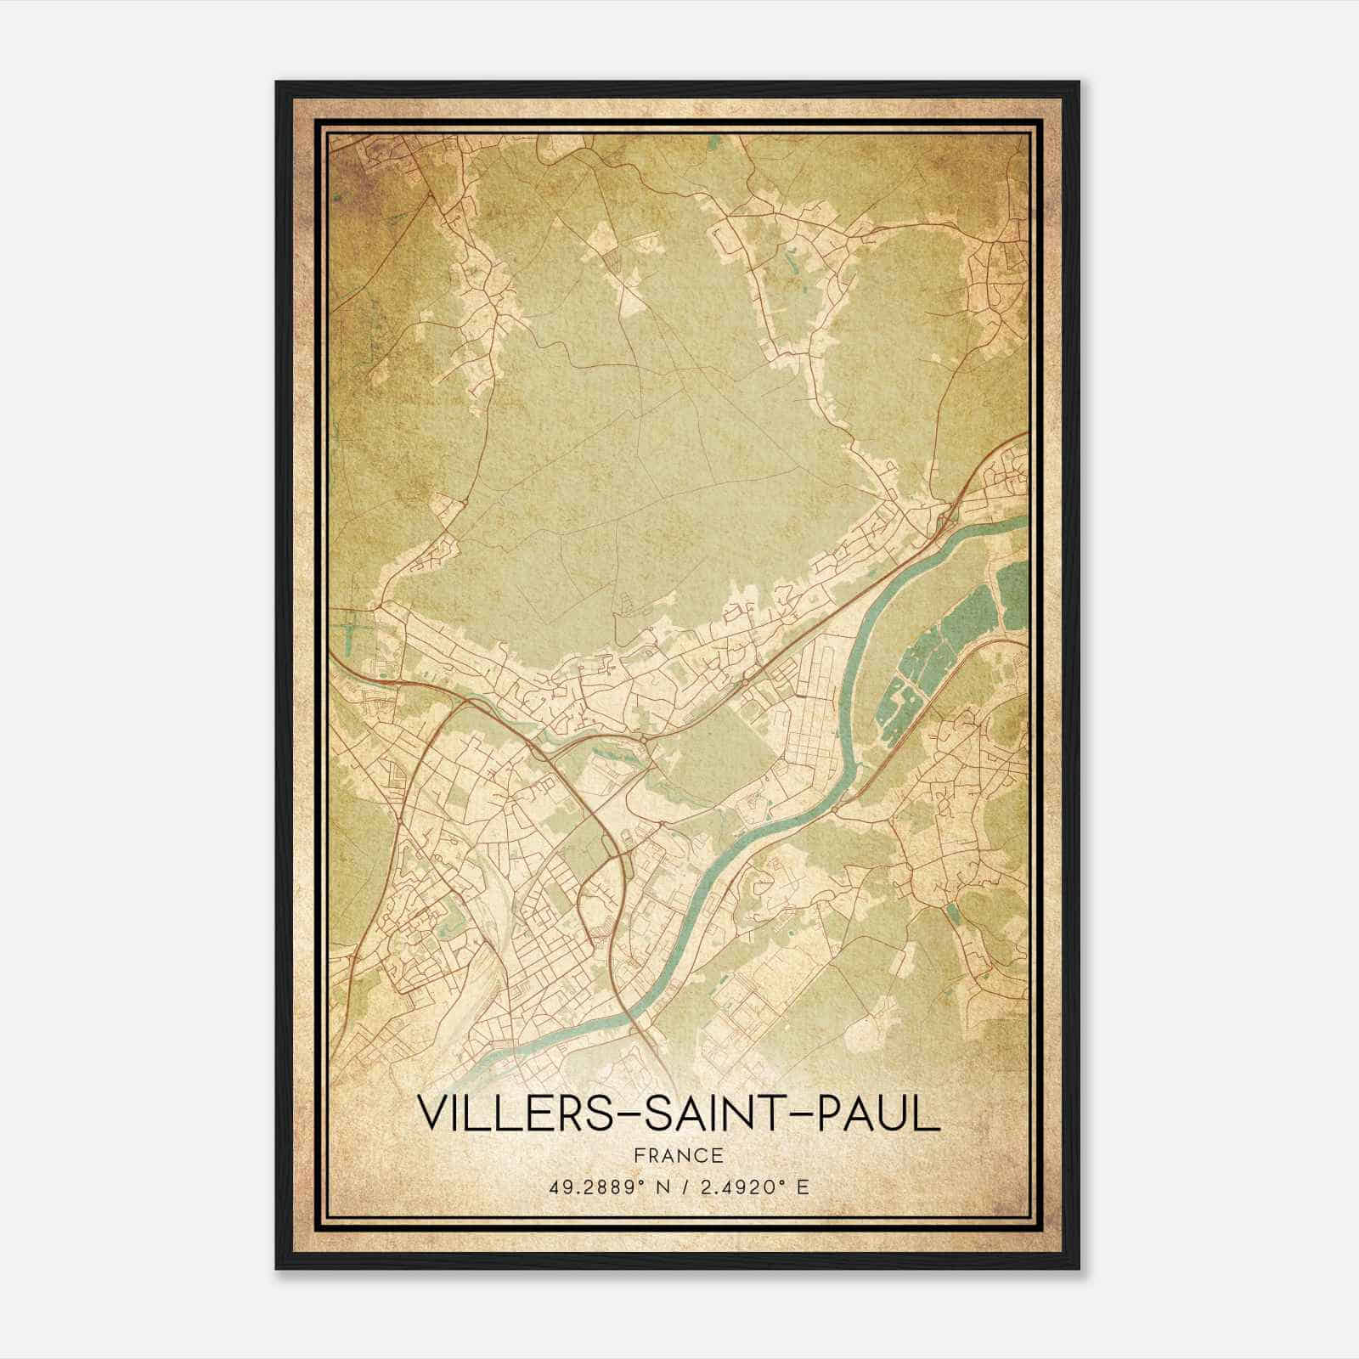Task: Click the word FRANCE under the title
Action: tap(679, 1155)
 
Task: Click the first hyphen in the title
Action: tap(627, 1115)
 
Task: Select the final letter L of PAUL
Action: tap(929, 1114)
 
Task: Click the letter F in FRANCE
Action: tap(639, 1155)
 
